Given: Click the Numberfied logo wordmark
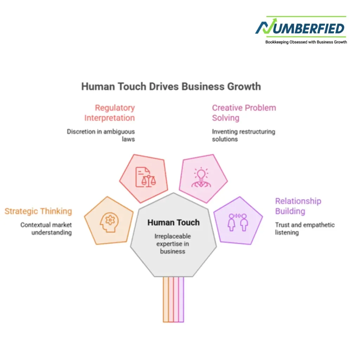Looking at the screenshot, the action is [x=300, y=27].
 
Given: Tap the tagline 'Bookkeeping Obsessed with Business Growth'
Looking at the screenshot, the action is [x=306, y=42].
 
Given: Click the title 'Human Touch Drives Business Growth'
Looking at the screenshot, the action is [x=171, y=86].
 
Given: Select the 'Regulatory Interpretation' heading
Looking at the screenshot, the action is [x=110, y=113].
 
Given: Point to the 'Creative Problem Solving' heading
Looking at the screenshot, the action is [x=244, y=113].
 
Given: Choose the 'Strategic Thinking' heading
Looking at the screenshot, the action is [x=38, y=211].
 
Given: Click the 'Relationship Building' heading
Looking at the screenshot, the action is [x=298, y=206].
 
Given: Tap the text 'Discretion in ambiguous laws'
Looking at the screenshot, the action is [x=101, y=135].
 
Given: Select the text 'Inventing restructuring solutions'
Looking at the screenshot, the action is [x=243, y=135].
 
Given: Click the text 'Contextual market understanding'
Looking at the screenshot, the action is [x=46, y=229].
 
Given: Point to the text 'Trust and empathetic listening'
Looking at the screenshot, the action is [x=305, y=229].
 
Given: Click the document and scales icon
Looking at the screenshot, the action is [x=146, y=177].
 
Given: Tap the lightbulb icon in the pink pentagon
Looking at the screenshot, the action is [x=201, y=177].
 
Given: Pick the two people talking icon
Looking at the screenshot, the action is [x=238, y=222].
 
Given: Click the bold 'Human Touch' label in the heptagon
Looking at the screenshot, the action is [x=174, y=223].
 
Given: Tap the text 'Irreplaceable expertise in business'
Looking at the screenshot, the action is [x=173, y=244].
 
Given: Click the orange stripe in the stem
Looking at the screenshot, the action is [x=166, y=300].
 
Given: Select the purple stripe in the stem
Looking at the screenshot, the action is [x=181, y=300].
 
